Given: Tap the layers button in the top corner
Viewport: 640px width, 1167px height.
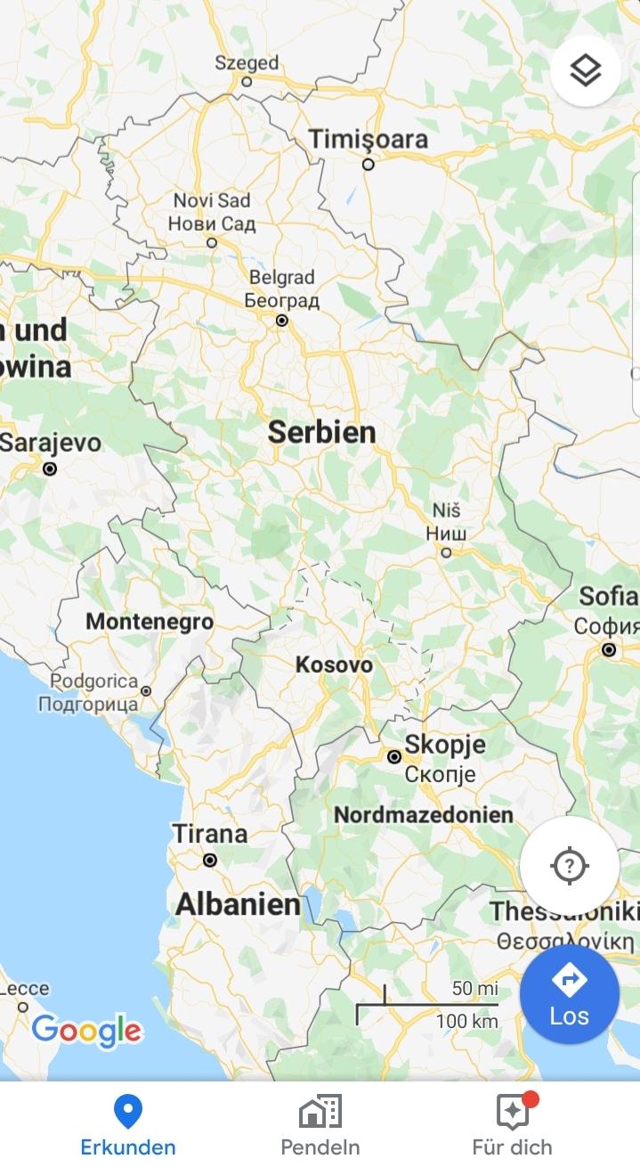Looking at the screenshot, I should (585, 70).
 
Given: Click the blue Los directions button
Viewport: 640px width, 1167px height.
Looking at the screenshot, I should (569, 994).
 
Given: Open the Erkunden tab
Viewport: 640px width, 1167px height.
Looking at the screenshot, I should (128, 1124).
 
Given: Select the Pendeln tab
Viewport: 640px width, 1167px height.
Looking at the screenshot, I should (320, 1124).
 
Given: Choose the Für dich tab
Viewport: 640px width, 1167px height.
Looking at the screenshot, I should (513, 1124).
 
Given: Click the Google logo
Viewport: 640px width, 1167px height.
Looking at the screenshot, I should (86, 1030).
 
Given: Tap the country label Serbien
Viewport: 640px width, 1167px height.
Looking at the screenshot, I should (322, 433).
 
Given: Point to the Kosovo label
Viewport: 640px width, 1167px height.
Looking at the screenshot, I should (334, 665).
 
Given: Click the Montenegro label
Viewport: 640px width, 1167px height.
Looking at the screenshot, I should (150, 622).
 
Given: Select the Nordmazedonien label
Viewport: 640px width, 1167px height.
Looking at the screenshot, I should (424, 814).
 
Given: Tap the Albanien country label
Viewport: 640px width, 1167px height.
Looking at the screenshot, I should (238, 904).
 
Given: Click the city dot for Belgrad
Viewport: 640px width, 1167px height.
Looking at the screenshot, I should (282, 320).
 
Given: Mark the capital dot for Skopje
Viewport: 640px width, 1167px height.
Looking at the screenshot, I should (393, 756).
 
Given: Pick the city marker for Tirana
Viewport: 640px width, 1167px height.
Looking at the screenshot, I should (210, 860).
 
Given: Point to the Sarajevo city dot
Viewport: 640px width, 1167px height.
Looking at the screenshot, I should (50, 468).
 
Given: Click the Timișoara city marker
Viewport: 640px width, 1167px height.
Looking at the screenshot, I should (368, 164).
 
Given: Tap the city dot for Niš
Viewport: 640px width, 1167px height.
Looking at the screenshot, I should (446, 552).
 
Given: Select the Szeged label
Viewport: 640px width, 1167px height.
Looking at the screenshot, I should (247, 63).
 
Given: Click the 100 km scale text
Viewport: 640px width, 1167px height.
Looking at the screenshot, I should (466, 1022).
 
